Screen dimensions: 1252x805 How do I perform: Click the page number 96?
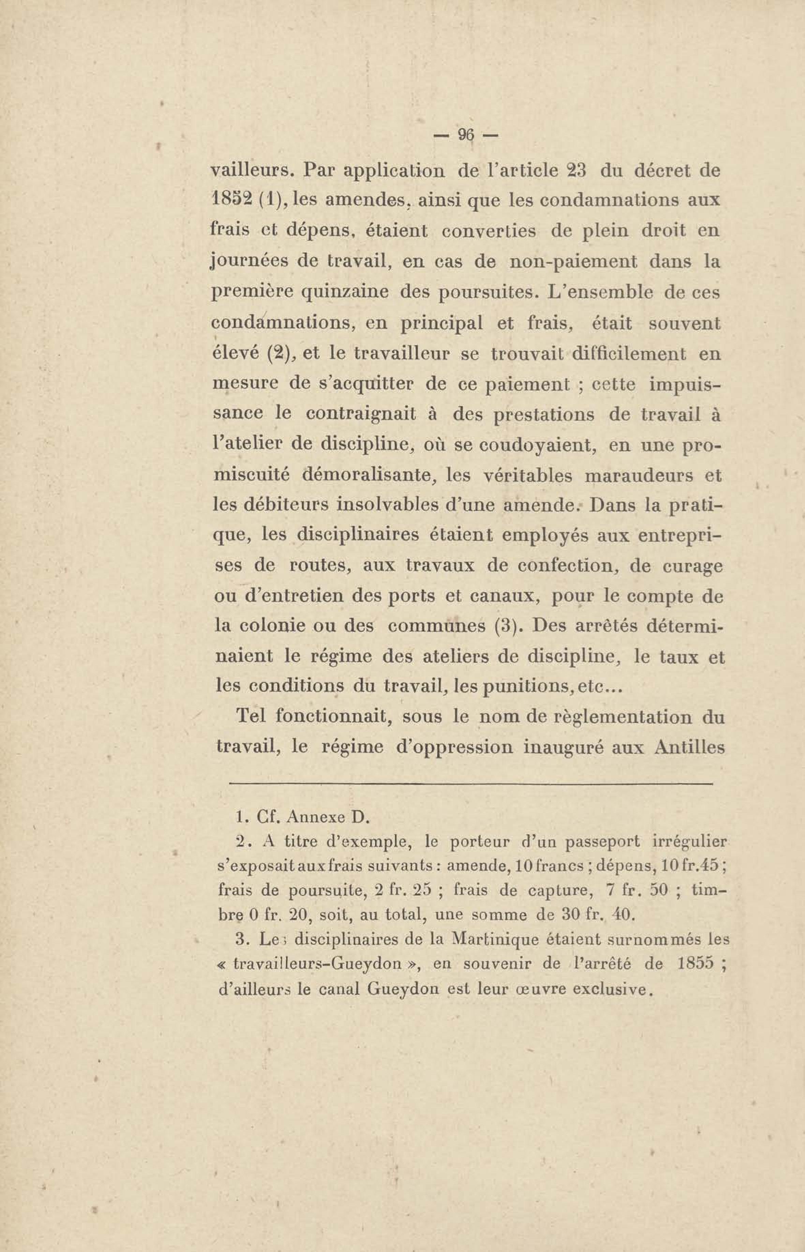click(x=465, y=136)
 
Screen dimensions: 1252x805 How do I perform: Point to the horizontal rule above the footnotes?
click(x=471, y=784)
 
